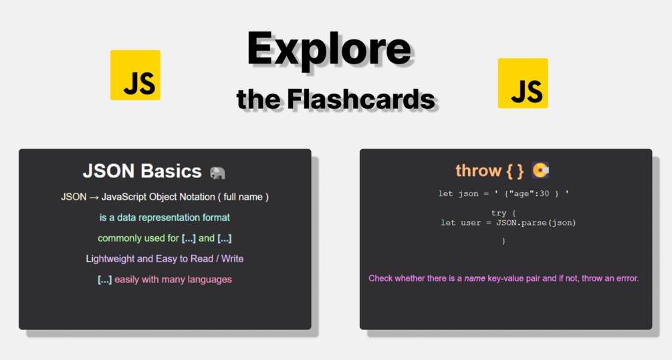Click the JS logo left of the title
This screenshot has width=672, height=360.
click(x=136, y=75)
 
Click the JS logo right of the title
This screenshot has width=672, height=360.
click(x=523, y=83)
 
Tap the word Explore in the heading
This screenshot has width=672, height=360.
click(x=329, y=49)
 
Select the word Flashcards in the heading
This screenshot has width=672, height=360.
click(x=361, y=99)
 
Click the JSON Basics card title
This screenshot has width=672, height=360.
click(x=142, y=171)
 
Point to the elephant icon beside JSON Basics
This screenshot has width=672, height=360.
click(x=217, y=173)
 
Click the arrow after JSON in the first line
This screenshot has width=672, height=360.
click(x=94, y=197)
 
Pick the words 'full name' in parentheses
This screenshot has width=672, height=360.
click(x=243, y=197)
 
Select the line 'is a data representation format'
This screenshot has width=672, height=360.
click(x=164, y=217)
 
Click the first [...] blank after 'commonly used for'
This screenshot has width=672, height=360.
click(x=189, y=239)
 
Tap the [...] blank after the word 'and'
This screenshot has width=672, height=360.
click(x=225, y=239)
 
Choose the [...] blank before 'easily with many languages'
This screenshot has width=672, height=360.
click(x=104, y=280)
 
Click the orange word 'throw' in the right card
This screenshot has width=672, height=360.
click(x=479, y=171)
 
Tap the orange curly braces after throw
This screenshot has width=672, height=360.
click(x=515, y=171)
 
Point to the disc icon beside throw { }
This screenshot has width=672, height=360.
click(x=540, y=171)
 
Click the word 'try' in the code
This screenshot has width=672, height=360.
click(x=498, y=213)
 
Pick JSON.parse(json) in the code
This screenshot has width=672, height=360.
click(x=536, y=223)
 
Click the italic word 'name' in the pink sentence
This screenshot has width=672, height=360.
click(x=475, y=278)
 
